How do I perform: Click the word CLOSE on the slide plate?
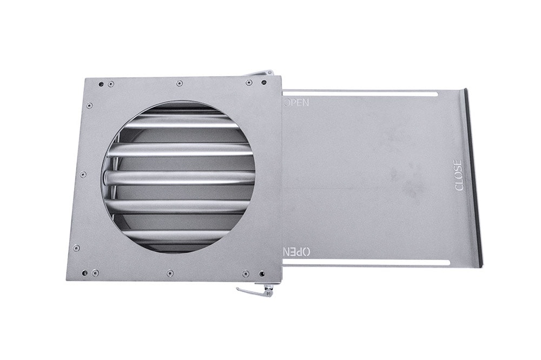tap(459, 175)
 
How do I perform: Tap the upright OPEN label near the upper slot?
tap(296, 102)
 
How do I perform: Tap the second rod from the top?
tap(180, 150)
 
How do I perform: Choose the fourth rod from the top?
tap(180, 206)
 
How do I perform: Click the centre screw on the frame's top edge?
tap(179, 83)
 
